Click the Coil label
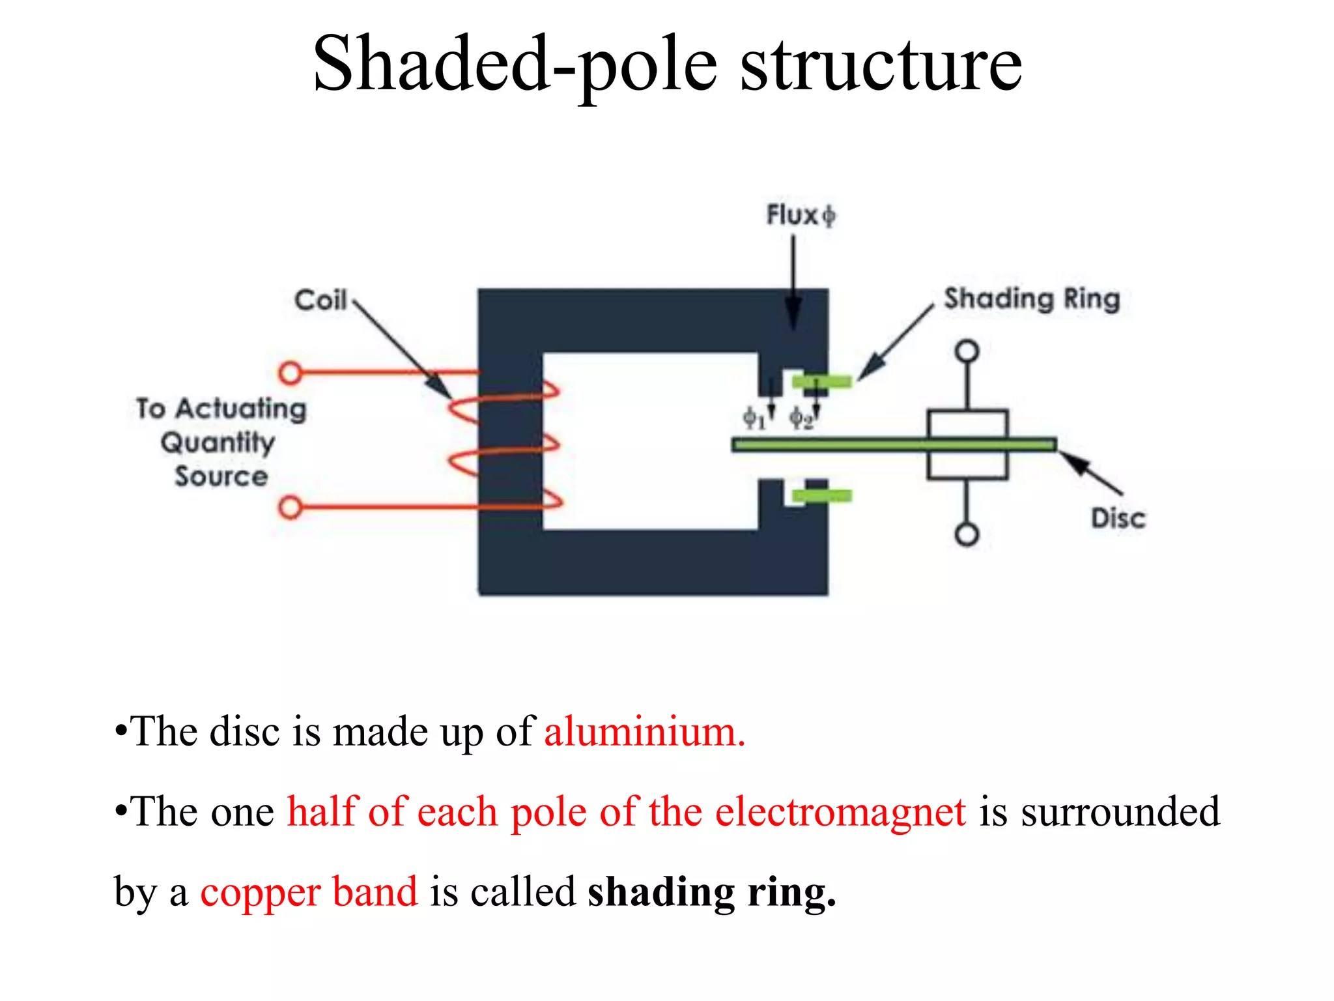[x=320, y=300]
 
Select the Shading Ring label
[x=1032, y=299]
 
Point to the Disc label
[x=1118, y=519]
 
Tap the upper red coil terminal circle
[x=290, y=373]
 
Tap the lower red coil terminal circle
[x=290, y=507]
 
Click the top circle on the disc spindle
[x=967, y=351]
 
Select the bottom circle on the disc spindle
[x=967, y=534]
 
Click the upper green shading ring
[x=821, y=381]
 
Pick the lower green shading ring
[x=821, y=497]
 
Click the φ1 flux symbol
[x=754, y=418]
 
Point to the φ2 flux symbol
[x=801, y=418]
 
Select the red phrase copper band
[x=309, y=892]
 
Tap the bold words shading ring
[x=712, y=892]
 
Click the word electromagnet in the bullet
[x=840, y=811]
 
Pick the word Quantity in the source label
[x=218, y=443]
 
